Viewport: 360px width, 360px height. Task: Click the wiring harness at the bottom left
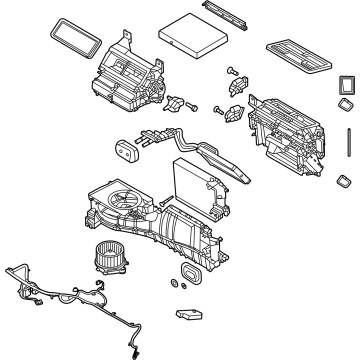pyautogui.click(x=60, y=295)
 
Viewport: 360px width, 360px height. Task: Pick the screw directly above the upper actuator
pyautogui.click(x=234, y=71)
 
